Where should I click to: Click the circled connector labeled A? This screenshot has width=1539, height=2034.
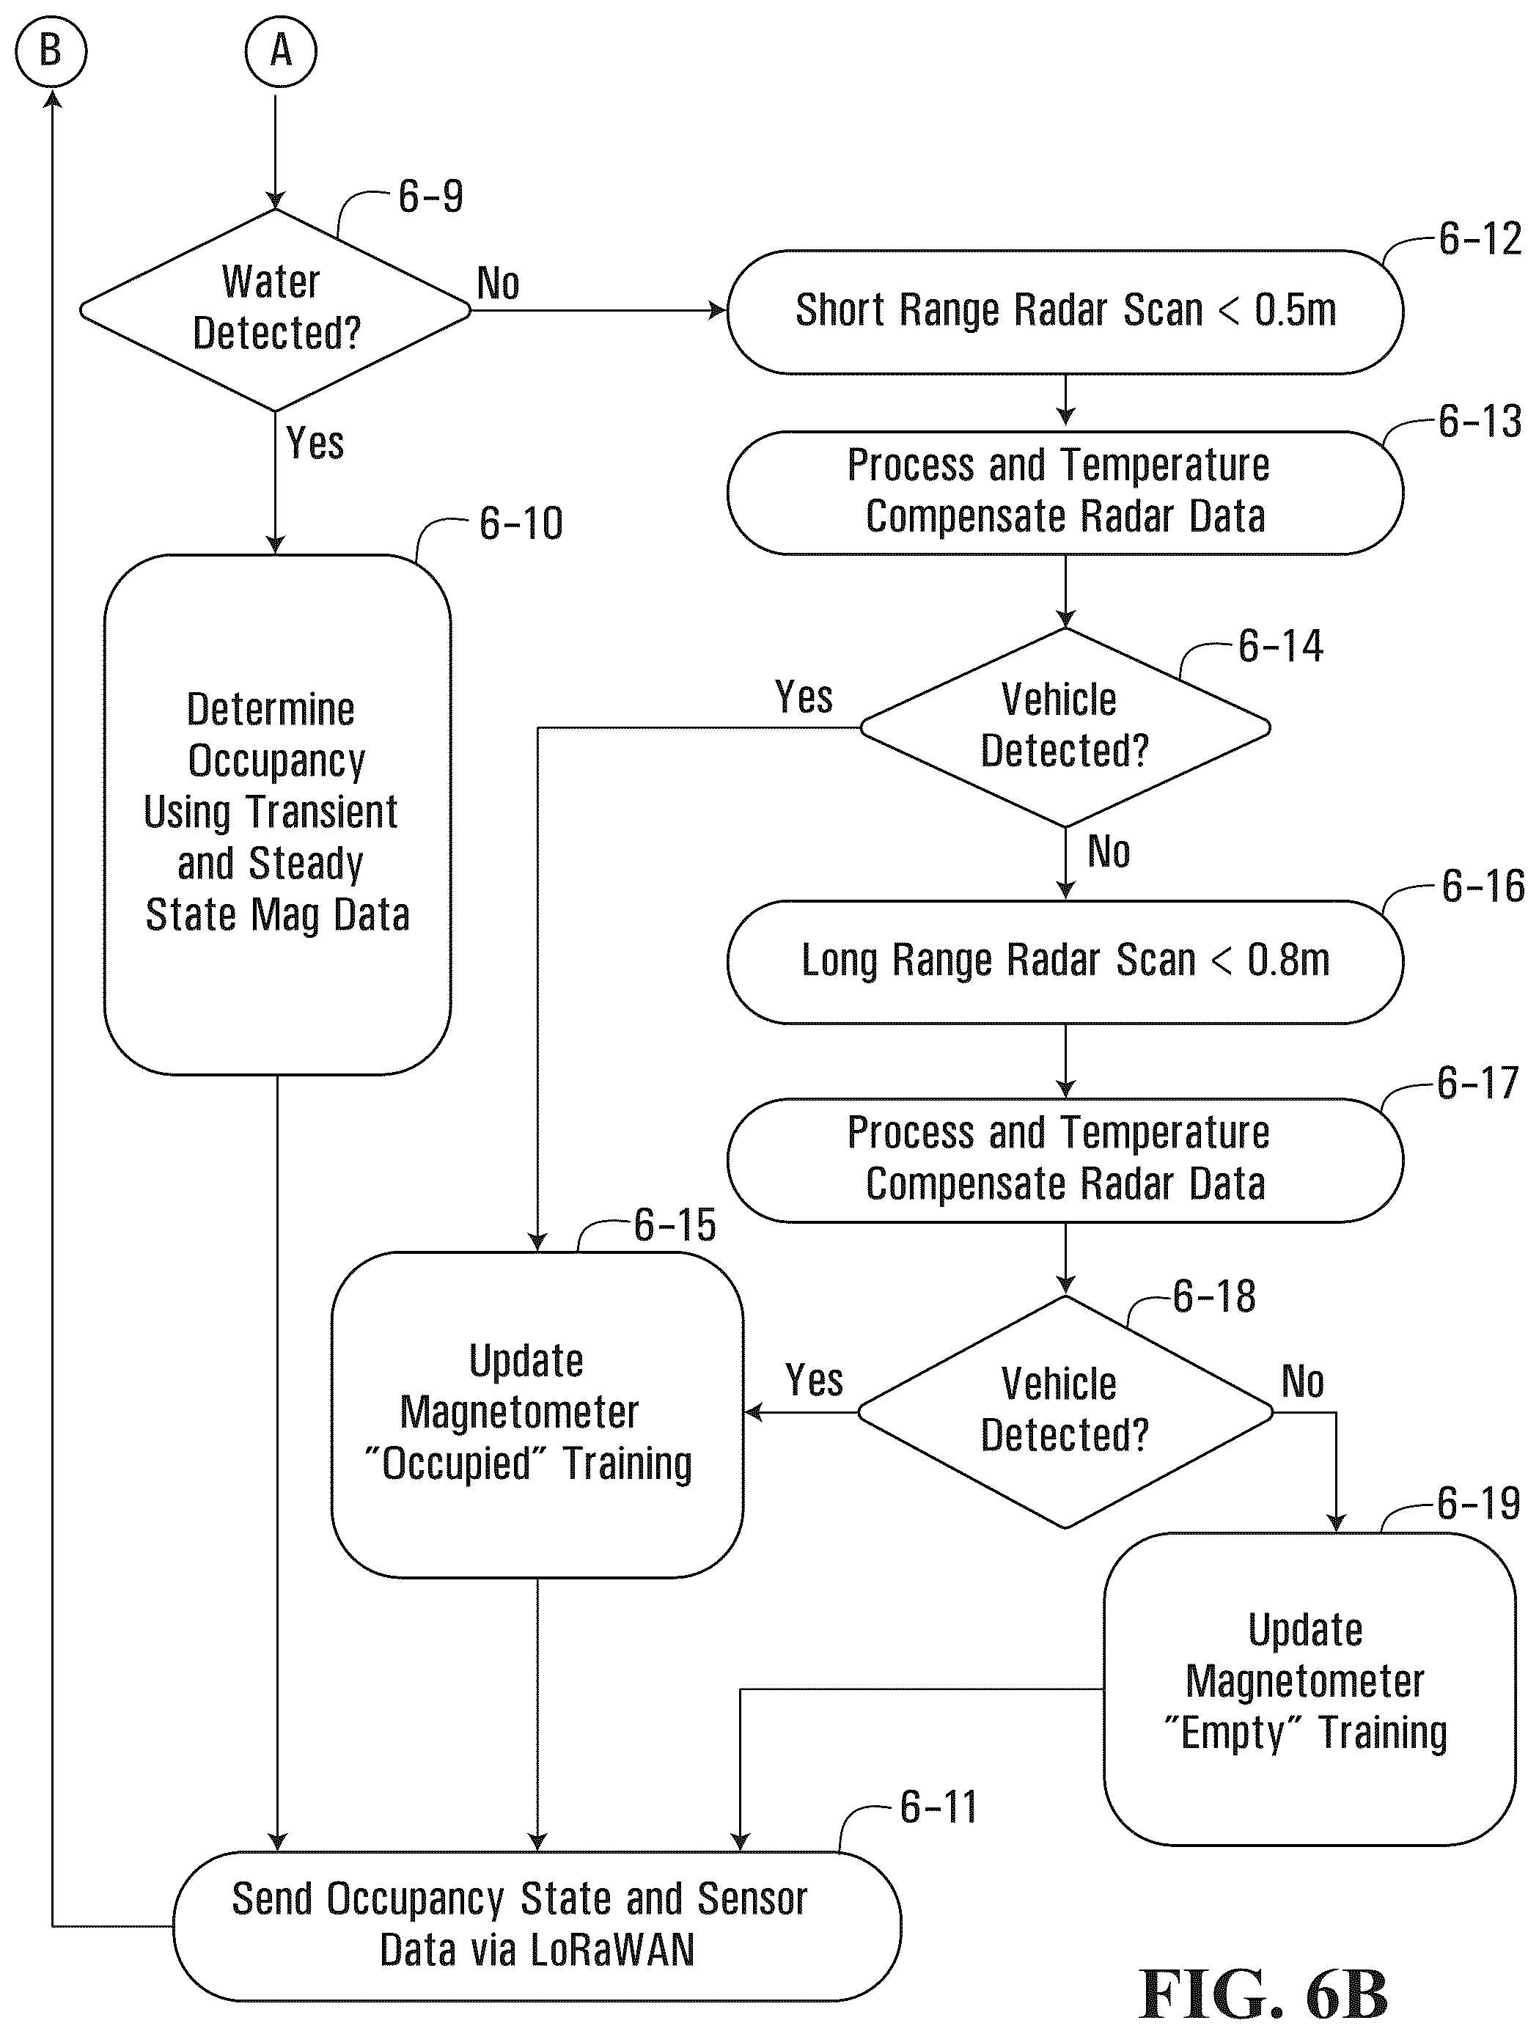280,51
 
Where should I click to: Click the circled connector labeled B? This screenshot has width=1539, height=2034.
51,51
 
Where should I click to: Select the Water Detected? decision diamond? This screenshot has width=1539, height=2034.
275,310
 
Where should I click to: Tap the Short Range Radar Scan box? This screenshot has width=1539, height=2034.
1065,312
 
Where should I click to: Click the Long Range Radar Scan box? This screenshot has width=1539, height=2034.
1065,962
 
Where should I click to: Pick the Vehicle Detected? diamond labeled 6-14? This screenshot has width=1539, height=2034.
1065,727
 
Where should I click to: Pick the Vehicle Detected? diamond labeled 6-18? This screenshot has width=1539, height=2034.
1065,1411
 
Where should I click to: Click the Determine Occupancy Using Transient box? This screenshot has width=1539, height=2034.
276,814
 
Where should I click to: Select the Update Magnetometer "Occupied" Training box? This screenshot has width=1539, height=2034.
537,1414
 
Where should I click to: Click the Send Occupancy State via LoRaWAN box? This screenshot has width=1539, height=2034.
537,1926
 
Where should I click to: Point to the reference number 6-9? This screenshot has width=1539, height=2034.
430,197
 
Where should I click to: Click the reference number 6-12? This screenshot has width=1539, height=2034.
1480,239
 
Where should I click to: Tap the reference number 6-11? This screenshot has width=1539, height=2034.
939,1807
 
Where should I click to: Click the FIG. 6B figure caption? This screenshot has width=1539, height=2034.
1263,1994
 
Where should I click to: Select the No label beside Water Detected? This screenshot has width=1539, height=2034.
499,283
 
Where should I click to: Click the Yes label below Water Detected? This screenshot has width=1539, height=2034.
315,443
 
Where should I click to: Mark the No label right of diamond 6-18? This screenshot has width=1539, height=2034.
1303,1381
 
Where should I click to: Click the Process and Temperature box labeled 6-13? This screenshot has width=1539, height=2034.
1065,493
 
